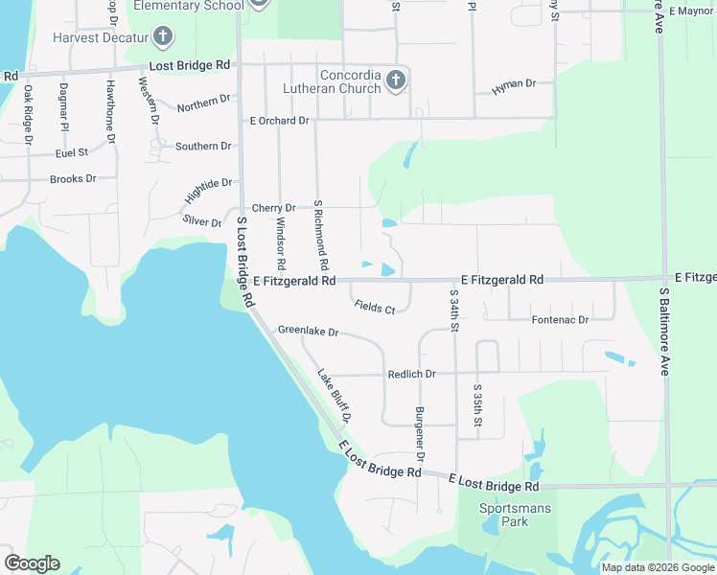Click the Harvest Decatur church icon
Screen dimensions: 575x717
tap(163, 37)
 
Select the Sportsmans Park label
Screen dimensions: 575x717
tap(517, 516)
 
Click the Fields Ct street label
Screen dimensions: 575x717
tap(374, 308)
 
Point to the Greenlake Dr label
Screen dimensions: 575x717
tap(309, 331)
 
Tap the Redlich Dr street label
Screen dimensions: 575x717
tap(411, 374)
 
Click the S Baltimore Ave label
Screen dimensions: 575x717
tap(663, 331)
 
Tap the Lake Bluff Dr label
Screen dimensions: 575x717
tap(335, 397)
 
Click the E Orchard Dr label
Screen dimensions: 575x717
tap(279, 121)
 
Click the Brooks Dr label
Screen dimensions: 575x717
tap(73, 179)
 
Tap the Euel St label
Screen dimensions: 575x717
tap(72, 152)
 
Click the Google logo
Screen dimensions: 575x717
tap(32, 563)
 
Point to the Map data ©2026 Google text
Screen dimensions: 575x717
tap(657, 567)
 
